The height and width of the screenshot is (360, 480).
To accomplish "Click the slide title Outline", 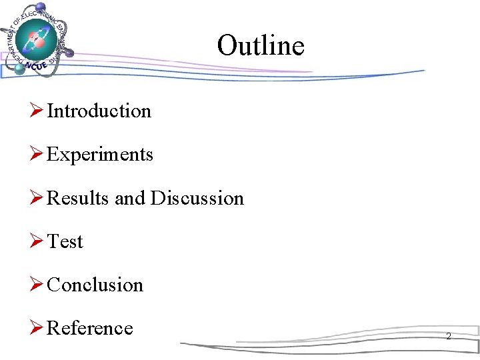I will pyautogui.click(x=261, y=45).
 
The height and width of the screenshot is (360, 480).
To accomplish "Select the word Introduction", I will pyautogui.click(x=99, y=111).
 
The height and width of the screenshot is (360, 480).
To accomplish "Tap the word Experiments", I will pyautogui.click(x=100, y=155).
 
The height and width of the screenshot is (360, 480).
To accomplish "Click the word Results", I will pyautogui.click(x=79, y=198).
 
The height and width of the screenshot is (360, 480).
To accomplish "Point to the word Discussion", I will pyautogui.click(x=197, y=198).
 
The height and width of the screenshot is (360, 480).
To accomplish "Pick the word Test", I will pyautogui.click(x=65, y=241).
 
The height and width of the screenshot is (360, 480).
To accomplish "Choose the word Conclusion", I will pyautogui.click(x=95, y=285).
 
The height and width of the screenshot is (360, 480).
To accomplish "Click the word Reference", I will pyautogui.click(x=90, y=328).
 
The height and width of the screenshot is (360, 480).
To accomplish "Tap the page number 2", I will pyautogui.click(x=448, y=337).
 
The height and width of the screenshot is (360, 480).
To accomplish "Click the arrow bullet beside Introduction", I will pyautogui.click(x=37, y=111).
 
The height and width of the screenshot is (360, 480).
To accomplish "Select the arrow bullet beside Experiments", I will pyautogui.click(x=37, y=155).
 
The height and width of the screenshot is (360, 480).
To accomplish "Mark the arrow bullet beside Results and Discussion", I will pyautogui.click(x=37, y=198).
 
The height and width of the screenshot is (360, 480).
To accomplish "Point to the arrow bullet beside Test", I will pyautogui.click(x=37, y=241).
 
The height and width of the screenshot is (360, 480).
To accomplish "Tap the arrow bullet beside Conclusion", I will pyautogui.click(x=37, y=285).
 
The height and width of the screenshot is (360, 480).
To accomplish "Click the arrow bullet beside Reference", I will pyautogui.click(x=37, y=328).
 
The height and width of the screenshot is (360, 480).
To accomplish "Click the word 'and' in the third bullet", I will pyautogui.click(x=130, y=198).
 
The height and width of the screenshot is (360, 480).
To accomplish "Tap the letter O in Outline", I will pyautogui.click(x=227, y=45).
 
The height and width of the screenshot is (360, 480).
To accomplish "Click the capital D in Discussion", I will pyautogui.click(x=157, y=198).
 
